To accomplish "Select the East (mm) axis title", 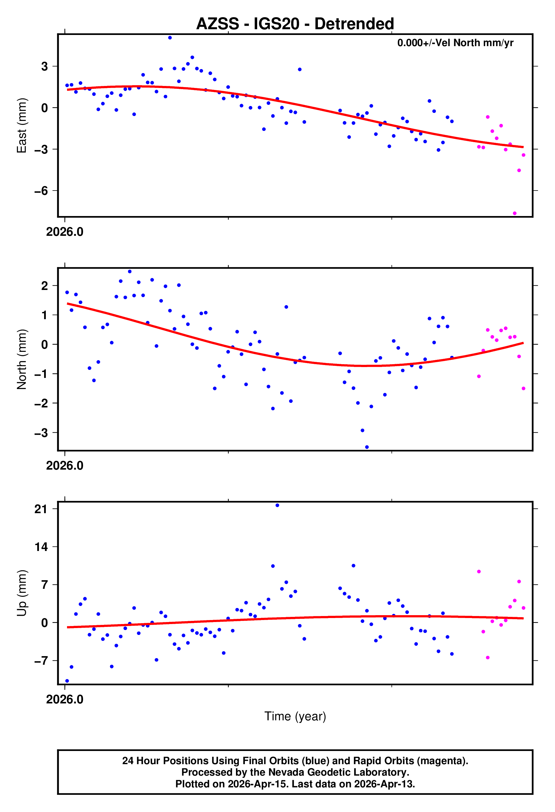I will pyautogui.click(x=22, y=125).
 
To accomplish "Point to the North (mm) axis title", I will pyautogui.click(x=22, y=359).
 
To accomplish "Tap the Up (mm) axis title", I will pyautogui.click(x=22, y=593).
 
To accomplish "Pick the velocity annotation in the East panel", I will pyautogui.click(x=455, y=43).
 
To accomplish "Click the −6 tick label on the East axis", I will pyautogui.click(x=41, y=191).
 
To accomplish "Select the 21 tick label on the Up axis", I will pyautogui.click(x=41, y=509).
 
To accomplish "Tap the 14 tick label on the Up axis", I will pyautogui.click(x=41, y=547).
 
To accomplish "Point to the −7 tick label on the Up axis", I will pyautogui.click(x=41, y=661).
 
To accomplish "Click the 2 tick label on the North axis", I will pyautogui.click(x=44, y=286).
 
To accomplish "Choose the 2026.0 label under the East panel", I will pyautogui.click(x=65, y=232).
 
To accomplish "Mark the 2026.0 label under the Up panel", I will pyautogui.click(x=65, y=699).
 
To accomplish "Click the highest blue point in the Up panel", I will pyautogui.click(x=277, y=505).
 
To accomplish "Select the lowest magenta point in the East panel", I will pyautogui.click(x=515, y=213).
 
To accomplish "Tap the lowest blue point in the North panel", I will pyautogui.click(x=367, y=447).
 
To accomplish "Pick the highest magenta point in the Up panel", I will pyautogui.click(x=479, y=572).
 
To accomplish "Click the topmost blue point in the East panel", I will pyautogui.click(x=170, y=38).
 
